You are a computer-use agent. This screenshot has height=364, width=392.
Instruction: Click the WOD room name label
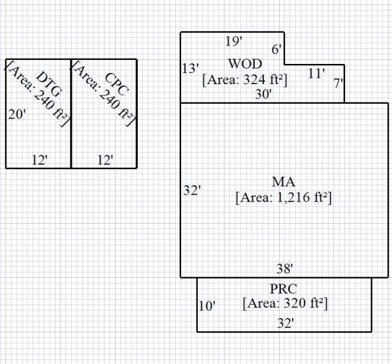245,64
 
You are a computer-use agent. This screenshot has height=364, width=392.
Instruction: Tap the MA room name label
284,181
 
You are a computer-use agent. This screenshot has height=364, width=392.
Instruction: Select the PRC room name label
284,290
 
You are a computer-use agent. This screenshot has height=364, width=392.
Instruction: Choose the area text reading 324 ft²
245,80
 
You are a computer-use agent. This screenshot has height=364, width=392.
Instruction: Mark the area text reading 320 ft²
284,303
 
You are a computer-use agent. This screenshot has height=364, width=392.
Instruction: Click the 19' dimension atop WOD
233,42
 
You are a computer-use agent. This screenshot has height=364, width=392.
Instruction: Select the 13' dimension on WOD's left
190,68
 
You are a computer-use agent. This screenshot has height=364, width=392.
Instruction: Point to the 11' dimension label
316,74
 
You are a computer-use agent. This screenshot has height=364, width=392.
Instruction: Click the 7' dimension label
337,83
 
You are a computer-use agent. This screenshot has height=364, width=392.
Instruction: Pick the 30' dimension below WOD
263,95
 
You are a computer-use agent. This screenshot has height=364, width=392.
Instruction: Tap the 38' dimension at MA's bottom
284,268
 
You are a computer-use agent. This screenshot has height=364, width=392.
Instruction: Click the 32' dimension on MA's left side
191,190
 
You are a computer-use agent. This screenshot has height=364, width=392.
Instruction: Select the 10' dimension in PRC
206,305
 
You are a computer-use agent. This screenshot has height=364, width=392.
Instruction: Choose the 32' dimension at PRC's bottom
285,323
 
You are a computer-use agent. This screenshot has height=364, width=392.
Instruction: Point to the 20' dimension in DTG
17,115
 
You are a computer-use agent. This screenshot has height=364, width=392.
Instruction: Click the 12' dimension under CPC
105,159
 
